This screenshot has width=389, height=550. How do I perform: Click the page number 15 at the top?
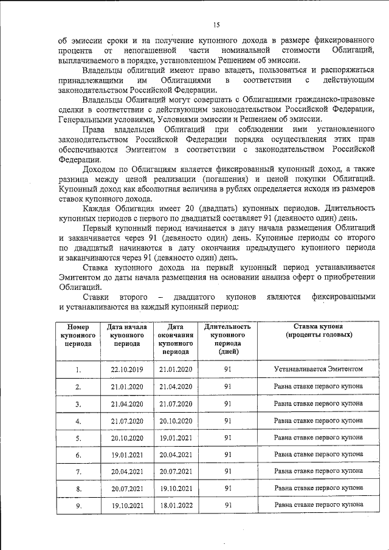click(x=216, y=24)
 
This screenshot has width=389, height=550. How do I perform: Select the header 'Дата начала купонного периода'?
click(x=127, y=334)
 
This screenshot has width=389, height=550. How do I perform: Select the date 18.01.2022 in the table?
click(x=175, y=504)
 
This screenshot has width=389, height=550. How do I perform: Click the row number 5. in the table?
click(x=78, y=437)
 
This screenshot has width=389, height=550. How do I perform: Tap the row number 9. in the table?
click(x=78, y=504)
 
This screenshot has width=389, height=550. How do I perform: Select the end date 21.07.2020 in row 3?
click(x=175, y=403)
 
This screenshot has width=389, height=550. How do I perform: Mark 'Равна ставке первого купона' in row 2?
click(x=318, y=386)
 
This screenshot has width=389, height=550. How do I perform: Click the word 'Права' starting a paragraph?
click(x=96, y=131)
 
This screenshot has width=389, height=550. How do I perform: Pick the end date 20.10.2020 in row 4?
click(x=175, y=420)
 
